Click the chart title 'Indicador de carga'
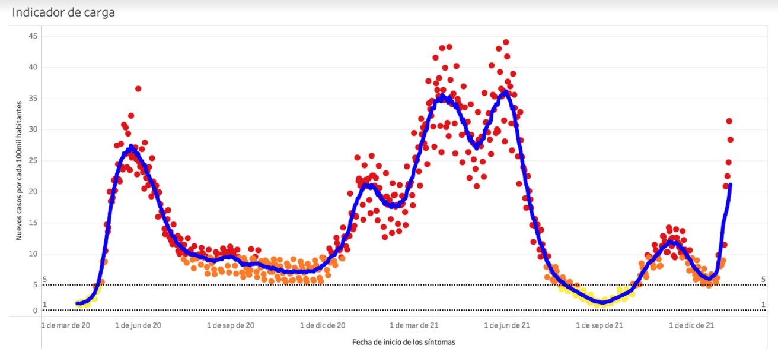pyautogui.click(x=63, y=12)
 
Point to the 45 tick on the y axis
pyautogui.click(x=33, y=36)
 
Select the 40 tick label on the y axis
pyautogui.click(x=33, y=67)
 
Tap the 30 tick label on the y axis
pyautogui.click(x=33, y=129)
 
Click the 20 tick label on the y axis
pyautogui.click(x=33, y=192)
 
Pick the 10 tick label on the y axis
pyautogui.click(x=33, y=254)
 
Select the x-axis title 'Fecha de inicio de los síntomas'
pyautogui.click(x=404, y=342)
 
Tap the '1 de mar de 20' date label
pyautogui.click(x=66, y=325)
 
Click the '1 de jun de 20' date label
pyautogui.click(x=138, y=325)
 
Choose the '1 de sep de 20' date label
pyautogui.click(x=231, y=325)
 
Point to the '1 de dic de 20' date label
pyautogui.click(x=323, y=325)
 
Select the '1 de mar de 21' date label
pyautogui.click(x=414, y=325)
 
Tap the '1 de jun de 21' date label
pyautogui.click(x=508, y=325)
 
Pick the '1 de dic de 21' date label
pyautogui.click(x=691, y=325)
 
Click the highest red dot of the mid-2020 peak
pyautogui.click(x=138, y=88)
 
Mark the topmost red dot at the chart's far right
pyautogui.click(x=729, y=121)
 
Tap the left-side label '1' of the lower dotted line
pyautogui.click(x=44, y=305)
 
